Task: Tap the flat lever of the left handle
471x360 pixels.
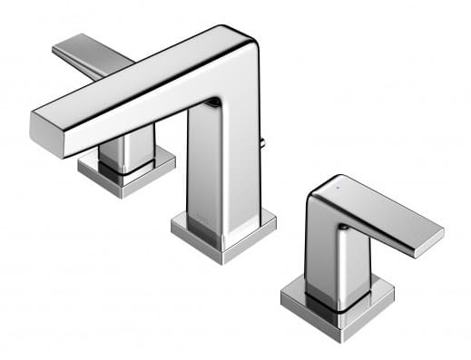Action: [x=91, y=56]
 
